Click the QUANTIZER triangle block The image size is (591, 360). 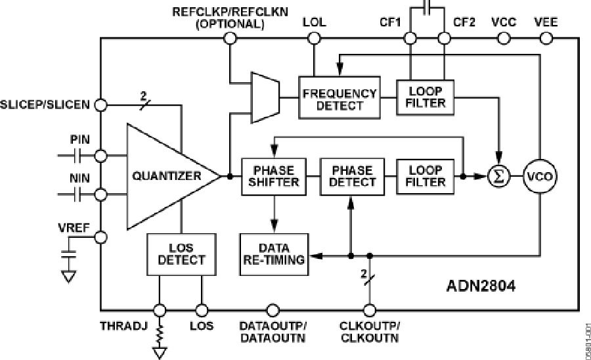(x=167, y=176)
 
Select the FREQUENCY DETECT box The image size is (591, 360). (x=339, y=99)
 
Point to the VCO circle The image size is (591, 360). (x=538, y=176)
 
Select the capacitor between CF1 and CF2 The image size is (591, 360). (x=427, y=8)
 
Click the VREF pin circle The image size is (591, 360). (x=101, y=236)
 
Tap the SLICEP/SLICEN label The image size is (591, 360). (x=46, y=104)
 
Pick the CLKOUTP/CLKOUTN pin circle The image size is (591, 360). (x=369, y=309)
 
